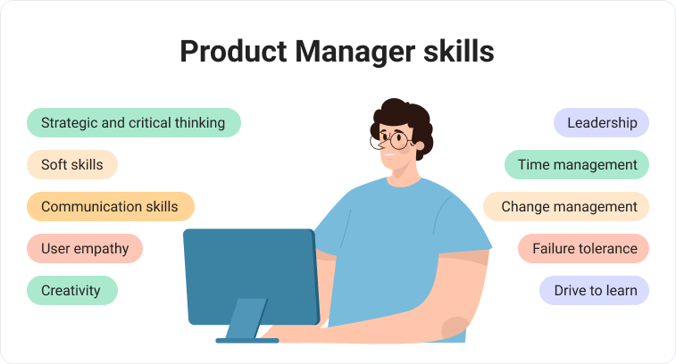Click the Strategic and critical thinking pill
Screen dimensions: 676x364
134,123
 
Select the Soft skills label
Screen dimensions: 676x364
72,164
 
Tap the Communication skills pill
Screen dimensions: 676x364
111,206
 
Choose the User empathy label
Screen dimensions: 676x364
85,249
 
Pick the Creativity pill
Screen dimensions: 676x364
72,290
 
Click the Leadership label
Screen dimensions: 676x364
601,123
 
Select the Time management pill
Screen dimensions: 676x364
577,164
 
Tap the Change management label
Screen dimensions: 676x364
566,206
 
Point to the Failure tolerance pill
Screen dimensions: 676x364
584,249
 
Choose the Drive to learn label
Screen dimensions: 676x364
594,290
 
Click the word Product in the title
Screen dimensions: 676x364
233,51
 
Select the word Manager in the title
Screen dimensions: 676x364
355,53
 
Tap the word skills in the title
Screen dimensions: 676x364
459,51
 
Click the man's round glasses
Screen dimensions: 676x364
393,139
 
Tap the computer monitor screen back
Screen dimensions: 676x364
251,277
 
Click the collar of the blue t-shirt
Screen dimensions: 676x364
404,182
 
